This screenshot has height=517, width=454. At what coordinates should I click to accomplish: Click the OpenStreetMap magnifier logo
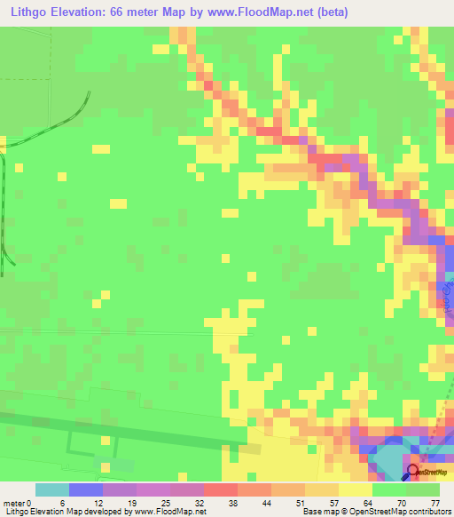tap(413, 471)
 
